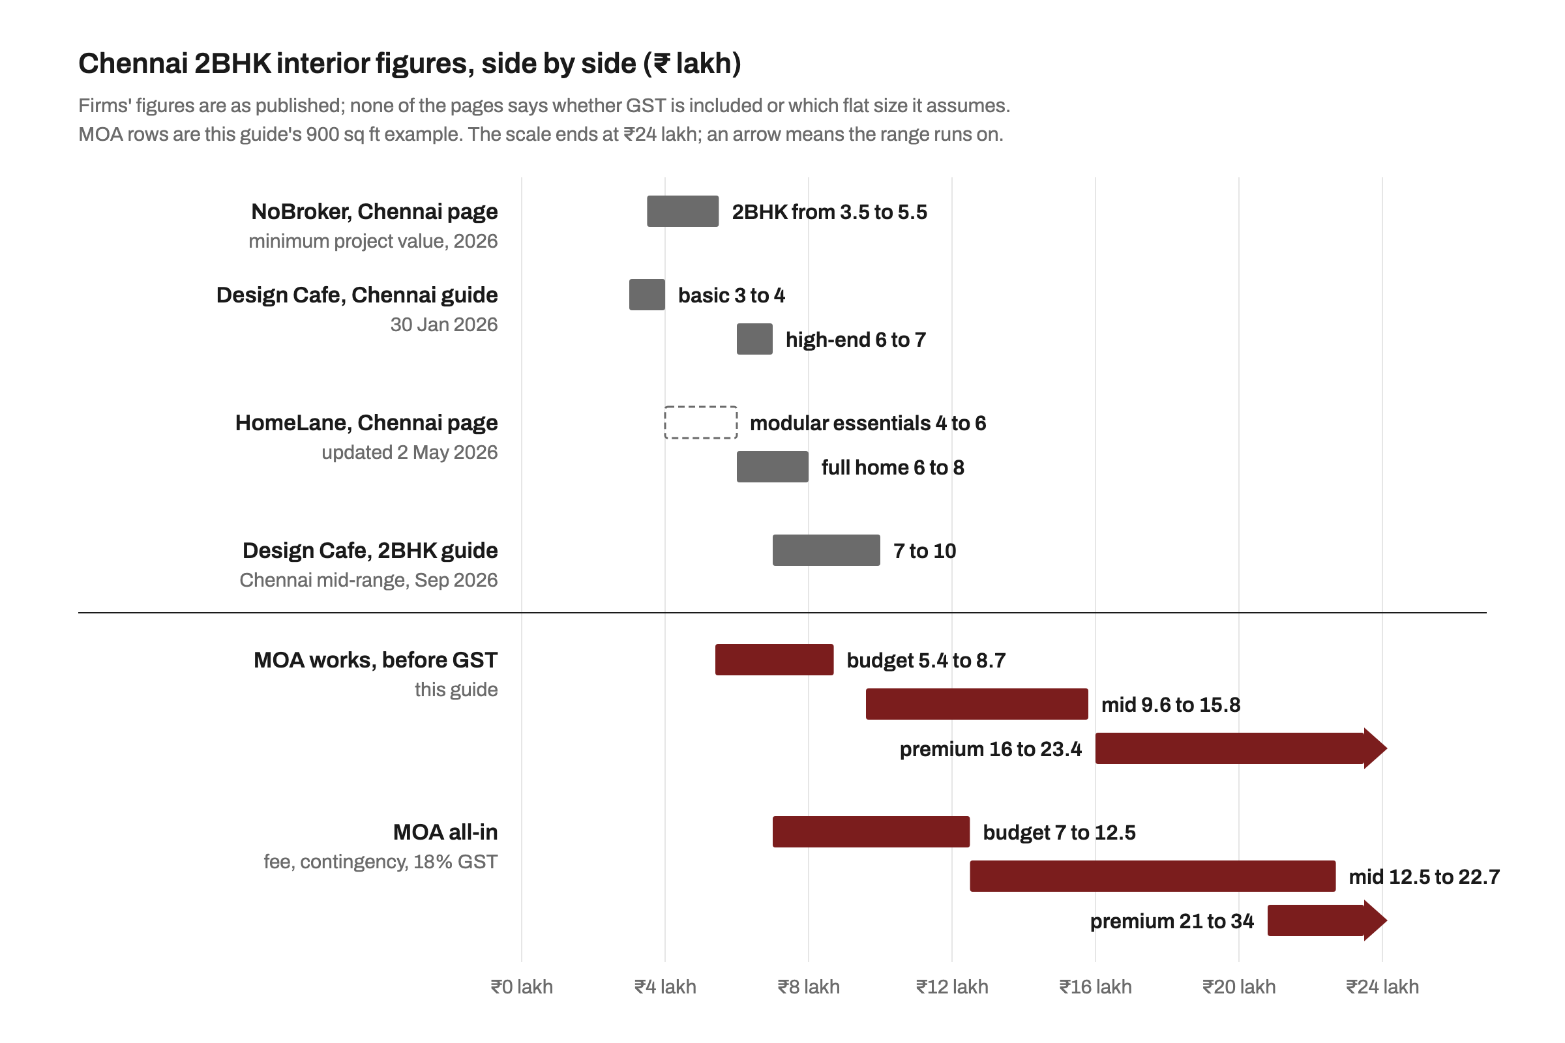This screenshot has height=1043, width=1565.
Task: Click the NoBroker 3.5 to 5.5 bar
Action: point(683,211)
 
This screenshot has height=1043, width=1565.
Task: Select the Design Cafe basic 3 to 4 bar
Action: point(647,295)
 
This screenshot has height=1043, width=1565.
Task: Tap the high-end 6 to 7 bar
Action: point(754,339)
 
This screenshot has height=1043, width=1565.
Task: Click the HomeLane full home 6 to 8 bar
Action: point(773,467)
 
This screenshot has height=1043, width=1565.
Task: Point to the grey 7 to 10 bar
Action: point(826,550)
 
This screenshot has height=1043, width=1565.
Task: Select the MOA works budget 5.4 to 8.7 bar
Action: point(775,660)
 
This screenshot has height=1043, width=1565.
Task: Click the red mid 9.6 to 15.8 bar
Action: point(977,705)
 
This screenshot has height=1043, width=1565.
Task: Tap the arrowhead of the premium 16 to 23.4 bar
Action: point(1375,749)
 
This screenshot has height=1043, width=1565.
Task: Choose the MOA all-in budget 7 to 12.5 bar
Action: point(871,832)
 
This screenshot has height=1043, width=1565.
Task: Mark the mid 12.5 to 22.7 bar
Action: point(1152,877)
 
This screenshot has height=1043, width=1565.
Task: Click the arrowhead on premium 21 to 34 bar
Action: point(1375,921)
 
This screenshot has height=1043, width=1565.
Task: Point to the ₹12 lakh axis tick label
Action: point(952,987)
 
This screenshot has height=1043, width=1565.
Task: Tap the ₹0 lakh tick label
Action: point(522,987)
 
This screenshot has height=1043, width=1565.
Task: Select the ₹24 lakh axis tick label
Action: point(1382,987)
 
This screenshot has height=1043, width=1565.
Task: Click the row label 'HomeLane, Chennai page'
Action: point(366,423)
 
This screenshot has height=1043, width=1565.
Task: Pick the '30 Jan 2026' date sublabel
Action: point(444,325)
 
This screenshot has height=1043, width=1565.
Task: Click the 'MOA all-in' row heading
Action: point(445,832)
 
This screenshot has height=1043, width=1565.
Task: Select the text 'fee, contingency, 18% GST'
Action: point(381,862)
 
